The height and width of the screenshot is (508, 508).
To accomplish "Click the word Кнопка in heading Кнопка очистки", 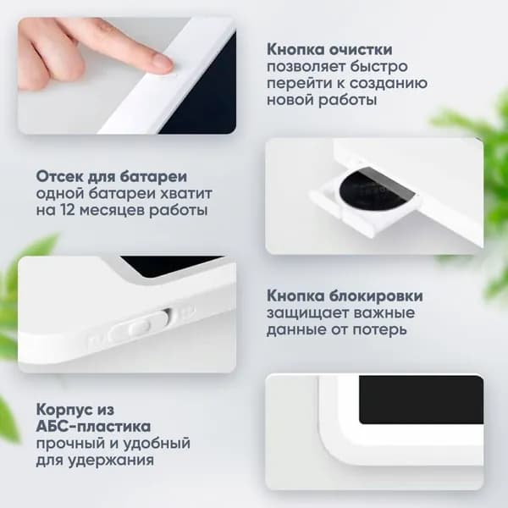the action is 295,50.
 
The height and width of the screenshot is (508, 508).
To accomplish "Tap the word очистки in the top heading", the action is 361,50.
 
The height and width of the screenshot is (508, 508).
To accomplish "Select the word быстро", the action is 379,67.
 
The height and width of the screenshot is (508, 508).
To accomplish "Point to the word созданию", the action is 389,84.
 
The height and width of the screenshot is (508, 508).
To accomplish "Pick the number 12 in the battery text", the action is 68,210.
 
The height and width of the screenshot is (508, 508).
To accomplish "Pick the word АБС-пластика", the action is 93,427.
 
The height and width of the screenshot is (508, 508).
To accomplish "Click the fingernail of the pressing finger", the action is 162,61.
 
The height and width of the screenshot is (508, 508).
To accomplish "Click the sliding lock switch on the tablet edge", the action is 140,327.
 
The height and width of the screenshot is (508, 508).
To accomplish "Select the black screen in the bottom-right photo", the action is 421,399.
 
